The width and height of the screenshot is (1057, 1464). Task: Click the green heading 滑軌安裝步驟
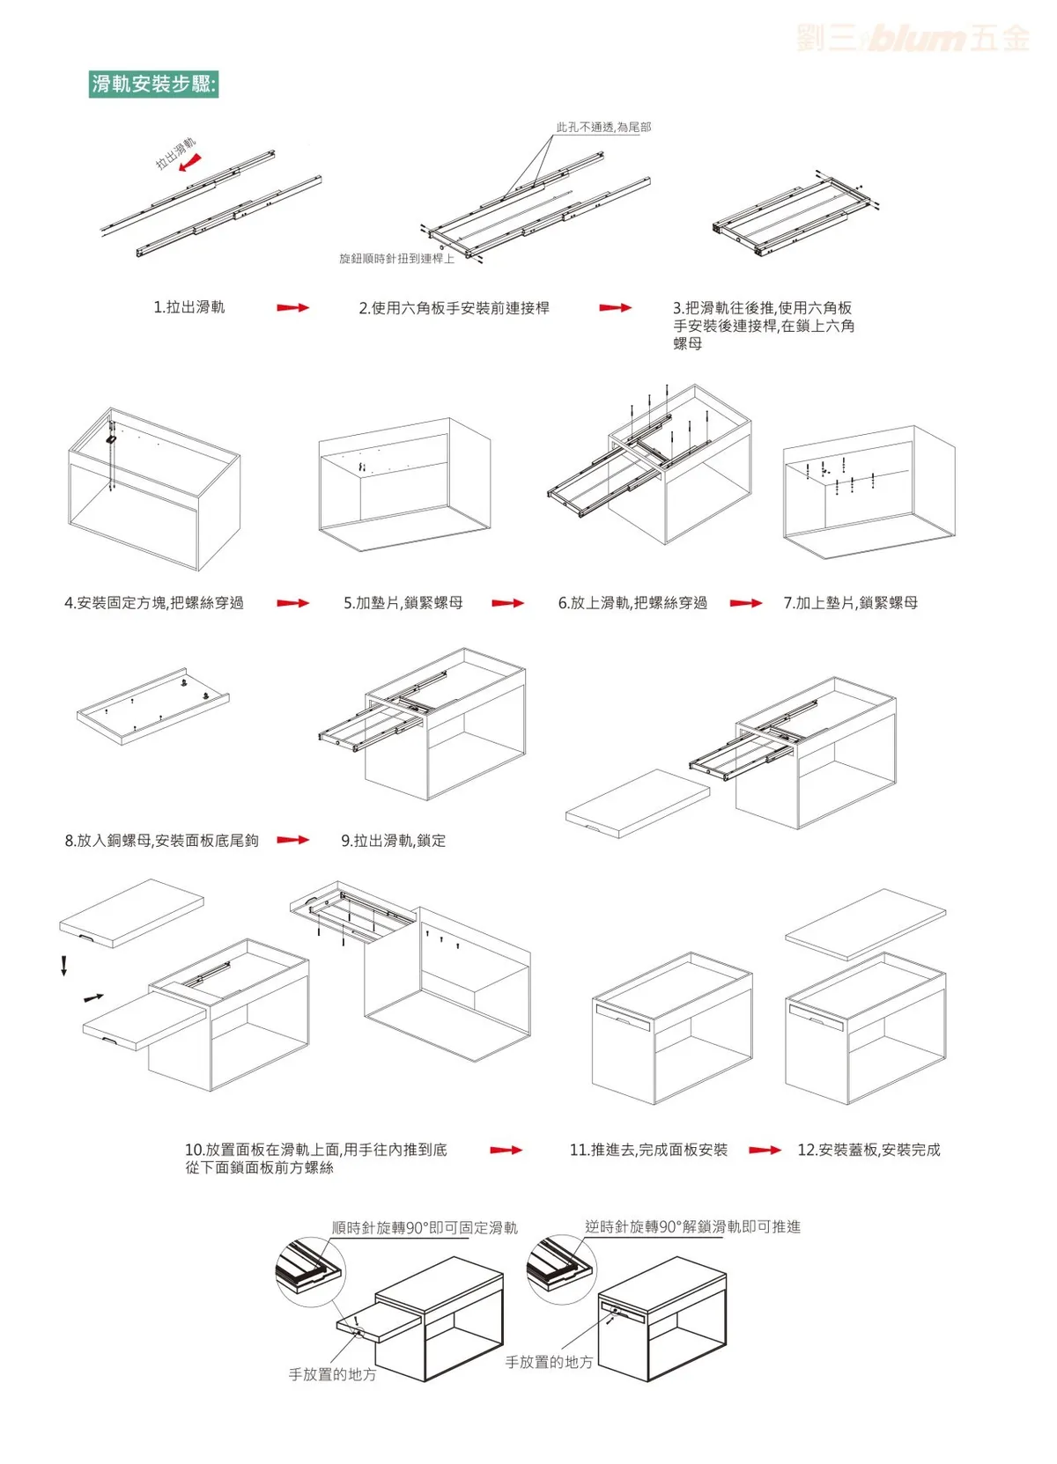click(153, 85)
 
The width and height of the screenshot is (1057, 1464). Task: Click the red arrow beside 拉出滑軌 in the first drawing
click(189, 163)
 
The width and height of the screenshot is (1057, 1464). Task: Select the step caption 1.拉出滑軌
click(189, 307)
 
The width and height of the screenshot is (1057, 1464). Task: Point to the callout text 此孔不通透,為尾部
click(603, 128)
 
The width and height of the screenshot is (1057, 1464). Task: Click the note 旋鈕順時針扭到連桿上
click(396, 259)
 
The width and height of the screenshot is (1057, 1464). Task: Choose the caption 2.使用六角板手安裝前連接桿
click(454, 308)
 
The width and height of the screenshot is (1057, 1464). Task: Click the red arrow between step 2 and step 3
click(615, 308)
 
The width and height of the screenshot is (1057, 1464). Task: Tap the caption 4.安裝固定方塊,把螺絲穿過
click(154, 603)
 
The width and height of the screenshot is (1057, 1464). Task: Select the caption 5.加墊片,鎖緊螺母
click(403, 603)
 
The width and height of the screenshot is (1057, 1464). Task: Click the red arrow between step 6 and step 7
click(745, 603)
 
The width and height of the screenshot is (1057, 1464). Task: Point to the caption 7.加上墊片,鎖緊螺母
click(851, 603)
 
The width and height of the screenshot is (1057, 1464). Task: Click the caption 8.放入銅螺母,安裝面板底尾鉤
click(162, 841)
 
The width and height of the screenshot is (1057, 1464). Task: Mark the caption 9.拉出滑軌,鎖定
click(394, 841)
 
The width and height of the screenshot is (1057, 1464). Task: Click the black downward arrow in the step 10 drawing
click(64, 966)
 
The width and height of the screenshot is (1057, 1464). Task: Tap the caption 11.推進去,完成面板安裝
click(649, 1150)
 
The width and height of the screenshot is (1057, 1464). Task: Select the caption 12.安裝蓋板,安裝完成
click(869, 1150)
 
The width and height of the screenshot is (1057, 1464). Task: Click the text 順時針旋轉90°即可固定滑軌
click(425, 1228)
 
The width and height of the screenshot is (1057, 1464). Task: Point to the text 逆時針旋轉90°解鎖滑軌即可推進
click(692, 1227)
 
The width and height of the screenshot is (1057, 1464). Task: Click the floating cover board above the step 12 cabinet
click(865, 923)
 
